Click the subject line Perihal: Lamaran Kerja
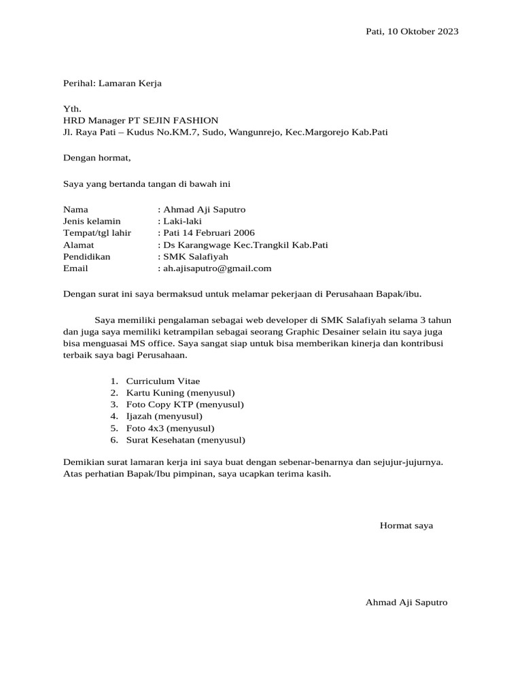click(x=112, y=84)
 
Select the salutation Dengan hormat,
click(x=96, y=158)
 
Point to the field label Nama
click(x=75, y=209)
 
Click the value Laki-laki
click(x=182, y=221)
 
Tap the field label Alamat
click(x=78, y=245)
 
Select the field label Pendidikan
click(x=86, y=257)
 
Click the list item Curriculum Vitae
click(x=163, y=381)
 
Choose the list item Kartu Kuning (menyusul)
click(x=180, y=393)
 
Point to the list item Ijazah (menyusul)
click(x=164, y=416)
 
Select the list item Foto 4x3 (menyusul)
click(x=170, y=428)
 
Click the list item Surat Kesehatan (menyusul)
click(x=186, y=440)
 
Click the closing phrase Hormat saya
click(x=406, y=526)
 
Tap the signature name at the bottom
click(x=406, y=602)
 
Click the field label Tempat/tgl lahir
click(x=97, y=233)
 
